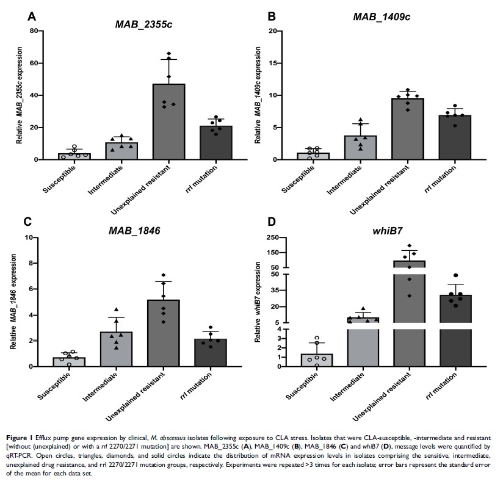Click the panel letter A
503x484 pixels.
pos(32,17)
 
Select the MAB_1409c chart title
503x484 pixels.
pos(382,16)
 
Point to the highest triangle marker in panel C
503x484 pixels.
pos(117,309)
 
